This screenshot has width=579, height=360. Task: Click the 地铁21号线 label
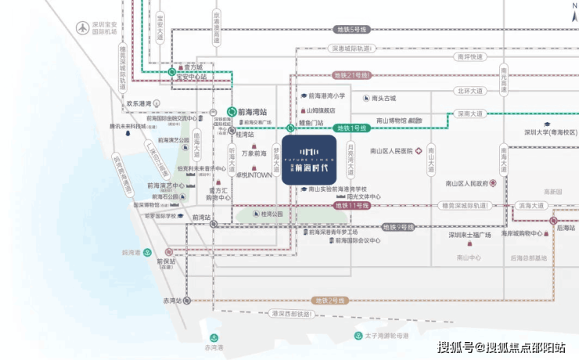point(351,76)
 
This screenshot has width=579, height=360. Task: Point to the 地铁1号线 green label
point(353,128)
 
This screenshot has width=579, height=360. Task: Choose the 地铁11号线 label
point(352,205)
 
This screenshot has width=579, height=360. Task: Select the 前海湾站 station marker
point(232,112)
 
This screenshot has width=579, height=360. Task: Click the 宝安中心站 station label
point(192,77)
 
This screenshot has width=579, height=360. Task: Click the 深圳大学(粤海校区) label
point(550,132)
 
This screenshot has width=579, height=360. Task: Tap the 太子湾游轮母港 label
point(390,336)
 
